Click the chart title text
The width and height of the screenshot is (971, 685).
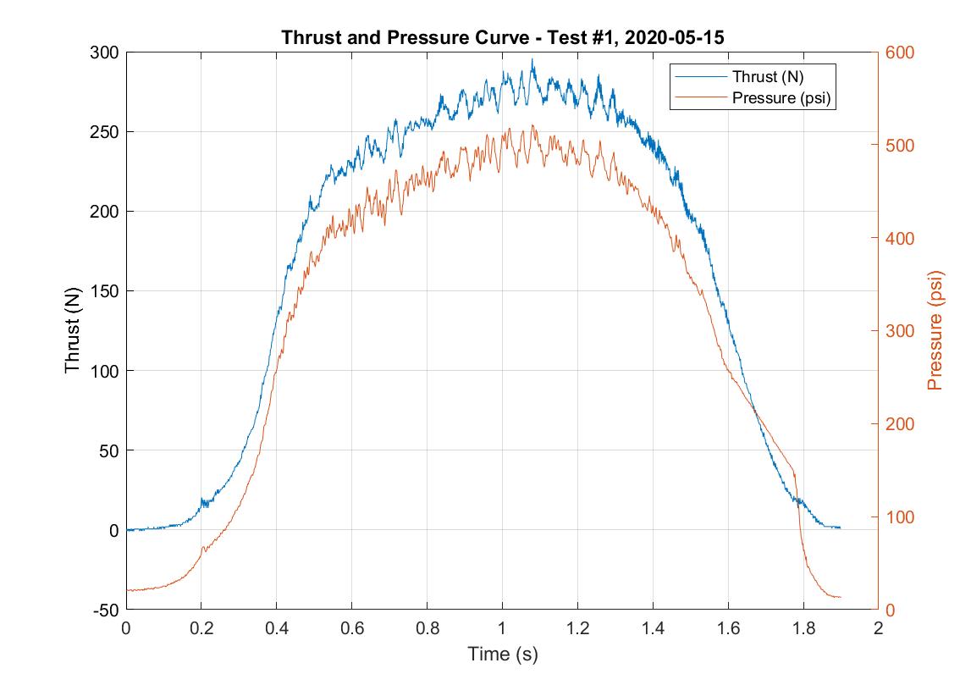tap(502, 38)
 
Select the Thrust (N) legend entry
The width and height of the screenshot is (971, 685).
tap(767, 76)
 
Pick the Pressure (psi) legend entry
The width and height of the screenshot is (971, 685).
tap(780, 97)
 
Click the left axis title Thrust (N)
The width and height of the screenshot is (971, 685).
tap(73, 331)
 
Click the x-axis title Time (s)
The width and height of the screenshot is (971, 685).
tap(502, 654)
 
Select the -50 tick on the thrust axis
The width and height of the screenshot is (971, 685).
tap(105, 610)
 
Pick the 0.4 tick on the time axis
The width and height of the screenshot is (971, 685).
tap(276, 628)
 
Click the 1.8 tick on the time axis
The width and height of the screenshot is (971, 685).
tap(803, 628)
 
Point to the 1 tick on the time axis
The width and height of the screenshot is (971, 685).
tap(502, 628)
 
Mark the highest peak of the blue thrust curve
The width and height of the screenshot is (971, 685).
tap(532, 60)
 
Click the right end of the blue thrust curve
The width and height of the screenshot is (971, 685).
tap(840, 528)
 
